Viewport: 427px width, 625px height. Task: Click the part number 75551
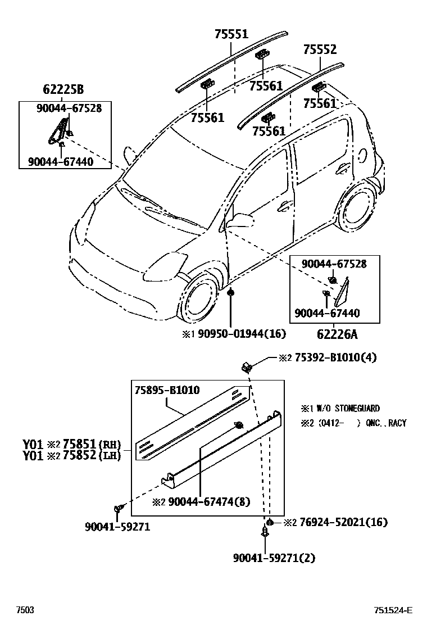(231, 34)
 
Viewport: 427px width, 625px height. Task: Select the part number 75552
(320, 49)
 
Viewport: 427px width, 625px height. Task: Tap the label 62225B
(63, 89)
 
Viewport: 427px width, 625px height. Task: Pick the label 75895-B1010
(167, 390)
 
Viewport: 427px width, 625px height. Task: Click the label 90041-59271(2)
(274, 558)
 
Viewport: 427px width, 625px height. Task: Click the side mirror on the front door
(240, 220)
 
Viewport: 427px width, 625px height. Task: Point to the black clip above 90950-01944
(231, 293)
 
